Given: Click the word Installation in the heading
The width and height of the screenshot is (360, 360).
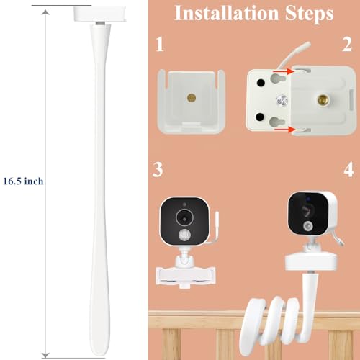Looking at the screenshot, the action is pyautogui.click(x=227, y=13).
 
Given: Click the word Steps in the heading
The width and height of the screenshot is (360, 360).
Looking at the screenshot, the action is pyautogui.click(x=310, y=13).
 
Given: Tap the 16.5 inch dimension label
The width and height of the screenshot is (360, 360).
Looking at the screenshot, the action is pyautogui.click(x=23, y=181).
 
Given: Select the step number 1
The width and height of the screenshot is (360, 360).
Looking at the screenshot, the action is pyautogui.click(x=160, y=45).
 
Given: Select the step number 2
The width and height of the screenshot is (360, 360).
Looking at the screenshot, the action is pyautogui.click(x=347, y=45).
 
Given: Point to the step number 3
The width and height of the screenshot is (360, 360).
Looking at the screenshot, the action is pyautogui.click(x=158, y=170).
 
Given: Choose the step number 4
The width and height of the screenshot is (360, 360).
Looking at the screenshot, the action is pyautogui.click(x=348, y=170).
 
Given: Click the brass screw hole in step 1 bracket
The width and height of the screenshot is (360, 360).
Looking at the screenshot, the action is pyautogui.click(x=192, y=98).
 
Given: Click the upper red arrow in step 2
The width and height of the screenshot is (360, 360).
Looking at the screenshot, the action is pyautogui.click(x=284, y=71).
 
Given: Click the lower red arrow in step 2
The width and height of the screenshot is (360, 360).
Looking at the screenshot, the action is pyautogui.click(x=284, y=130).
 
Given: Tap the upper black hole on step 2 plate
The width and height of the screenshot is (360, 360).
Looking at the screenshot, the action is pyautogui.click(x=261, y=83).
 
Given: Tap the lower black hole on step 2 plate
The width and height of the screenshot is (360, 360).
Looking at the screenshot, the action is pyautogui.click(x=260, y=117).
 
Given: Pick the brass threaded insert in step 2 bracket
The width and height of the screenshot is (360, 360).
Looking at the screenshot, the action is pyautogui.click(x=323, y=99).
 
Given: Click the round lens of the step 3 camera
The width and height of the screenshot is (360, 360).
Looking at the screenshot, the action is pyautogui.click(x=184, y=218).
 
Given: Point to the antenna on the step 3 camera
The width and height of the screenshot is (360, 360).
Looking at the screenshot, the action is pyautogui.click(x=214, y=228).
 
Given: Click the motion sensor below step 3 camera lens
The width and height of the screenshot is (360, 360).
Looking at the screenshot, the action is pyautogui.click(x=184, y=235).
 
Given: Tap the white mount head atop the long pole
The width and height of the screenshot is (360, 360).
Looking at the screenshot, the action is pyautogui.click(x=100, y=14).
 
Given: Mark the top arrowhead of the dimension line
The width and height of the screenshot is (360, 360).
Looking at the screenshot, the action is pyautogui.click(x=45, y=12).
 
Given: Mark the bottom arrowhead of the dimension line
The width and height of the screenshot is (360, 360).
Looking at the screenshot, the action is pyautogui.click(x=45, y=355).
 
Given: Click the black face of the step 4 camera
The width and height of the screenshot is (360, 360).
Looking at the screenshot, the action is pyautogui.click(x=308, y=214).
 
